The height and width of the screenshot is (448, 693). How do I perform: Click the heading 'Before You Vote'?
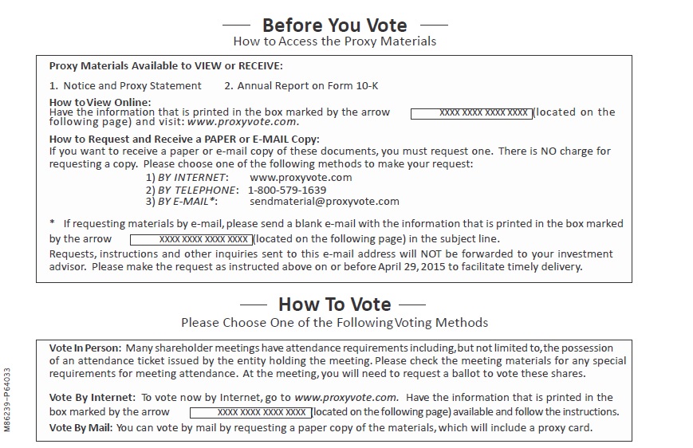click(334, 26)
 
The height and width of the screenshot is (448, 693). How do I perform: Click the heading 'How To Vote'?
click(334, 304)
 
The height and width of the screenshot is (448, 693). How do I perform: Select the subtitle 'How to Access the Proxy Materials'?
click(334, 41)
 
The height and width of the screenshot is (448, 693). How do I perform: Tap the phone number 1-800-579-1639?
click(287, 190)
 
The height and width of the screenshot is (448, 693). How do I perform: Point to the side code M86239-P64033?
click(7, 399)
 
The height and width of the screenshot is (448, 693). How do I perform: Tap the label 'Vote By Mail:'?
click(81, 428)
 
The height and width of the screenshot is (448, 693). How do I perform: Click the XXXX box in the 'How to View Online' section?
click(471, 113)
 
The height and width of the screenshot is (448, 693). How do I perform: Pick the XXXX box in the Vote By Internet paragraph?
click(250, 412)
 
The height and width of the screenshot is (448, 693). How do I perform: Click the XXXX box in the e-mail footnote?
click(191, 238)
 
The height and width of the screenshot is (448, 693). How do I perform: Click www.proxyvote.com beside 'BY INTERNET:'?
click(301, 177)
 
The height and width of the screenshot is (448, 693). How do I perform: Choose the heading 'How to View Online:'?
click(100, 102)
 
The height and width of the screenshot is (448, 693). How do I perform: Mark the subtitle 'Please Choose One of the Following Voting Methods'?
click(334, 323)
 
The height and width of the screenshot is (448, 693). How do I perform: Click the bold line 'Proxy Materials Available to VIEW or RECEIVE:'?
click(166, 66)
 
